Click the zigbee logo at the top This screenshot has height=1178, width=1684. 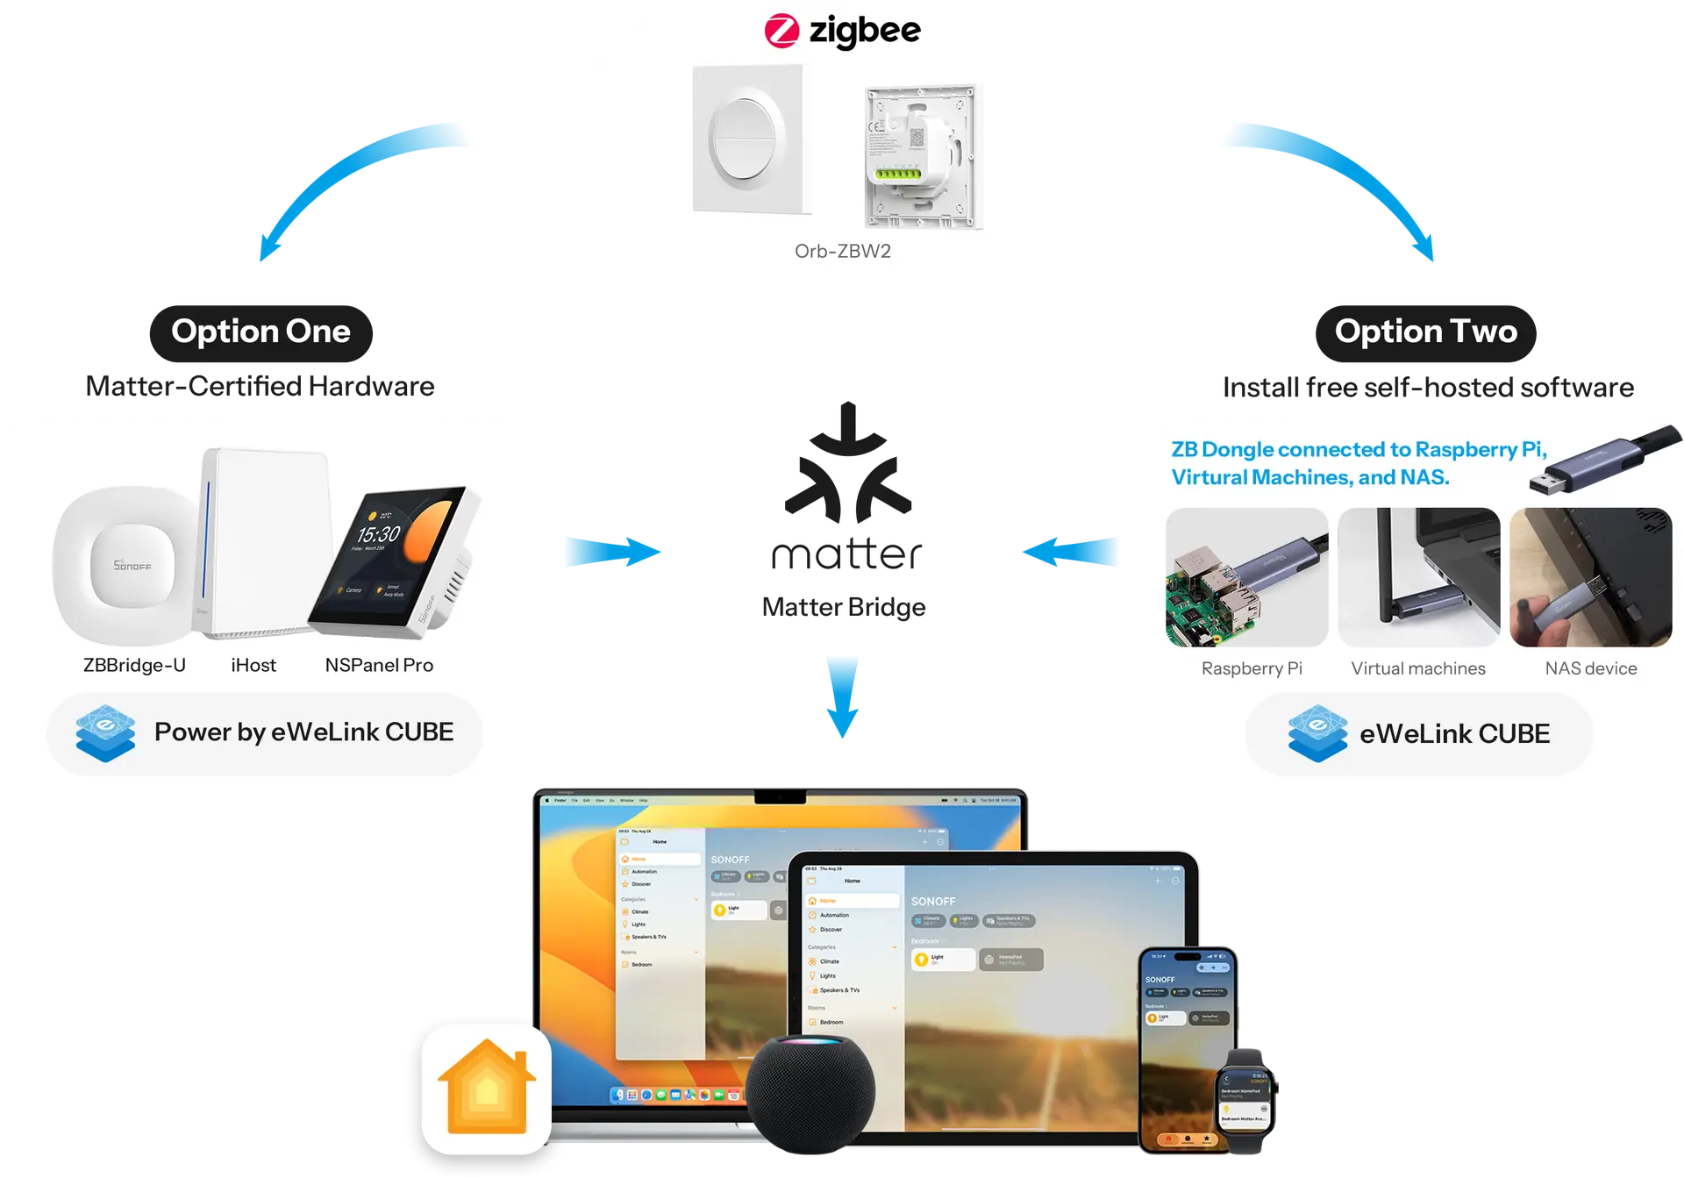(842, 32)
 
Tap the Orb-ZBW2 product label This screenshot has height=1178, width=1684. (842, 251)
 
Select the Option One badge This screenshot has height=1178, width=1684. (260, 332)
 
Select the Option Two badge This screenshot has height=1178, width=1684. (1425, 332)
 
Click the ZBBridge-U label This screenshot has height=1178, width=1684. (134, 665)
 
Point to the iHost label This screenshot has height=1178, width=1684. (253, 665)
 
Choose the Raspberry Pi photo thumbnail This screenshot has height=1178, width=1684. (1246, 577)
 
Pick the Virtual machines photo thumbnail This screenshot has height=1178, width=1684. (1418, 577)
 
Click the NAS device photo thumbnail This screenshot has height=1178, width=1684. (1590, 577)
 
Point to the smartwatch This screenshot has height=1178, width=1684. (1246, 1100)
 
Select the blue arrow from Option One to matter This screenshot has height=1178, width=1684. (613, 553)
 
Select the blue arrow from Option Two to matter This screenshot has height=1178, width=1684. (1071, 553)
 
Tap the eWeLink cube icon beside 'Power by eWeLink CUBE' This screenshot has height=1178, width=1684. (105, 733)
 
